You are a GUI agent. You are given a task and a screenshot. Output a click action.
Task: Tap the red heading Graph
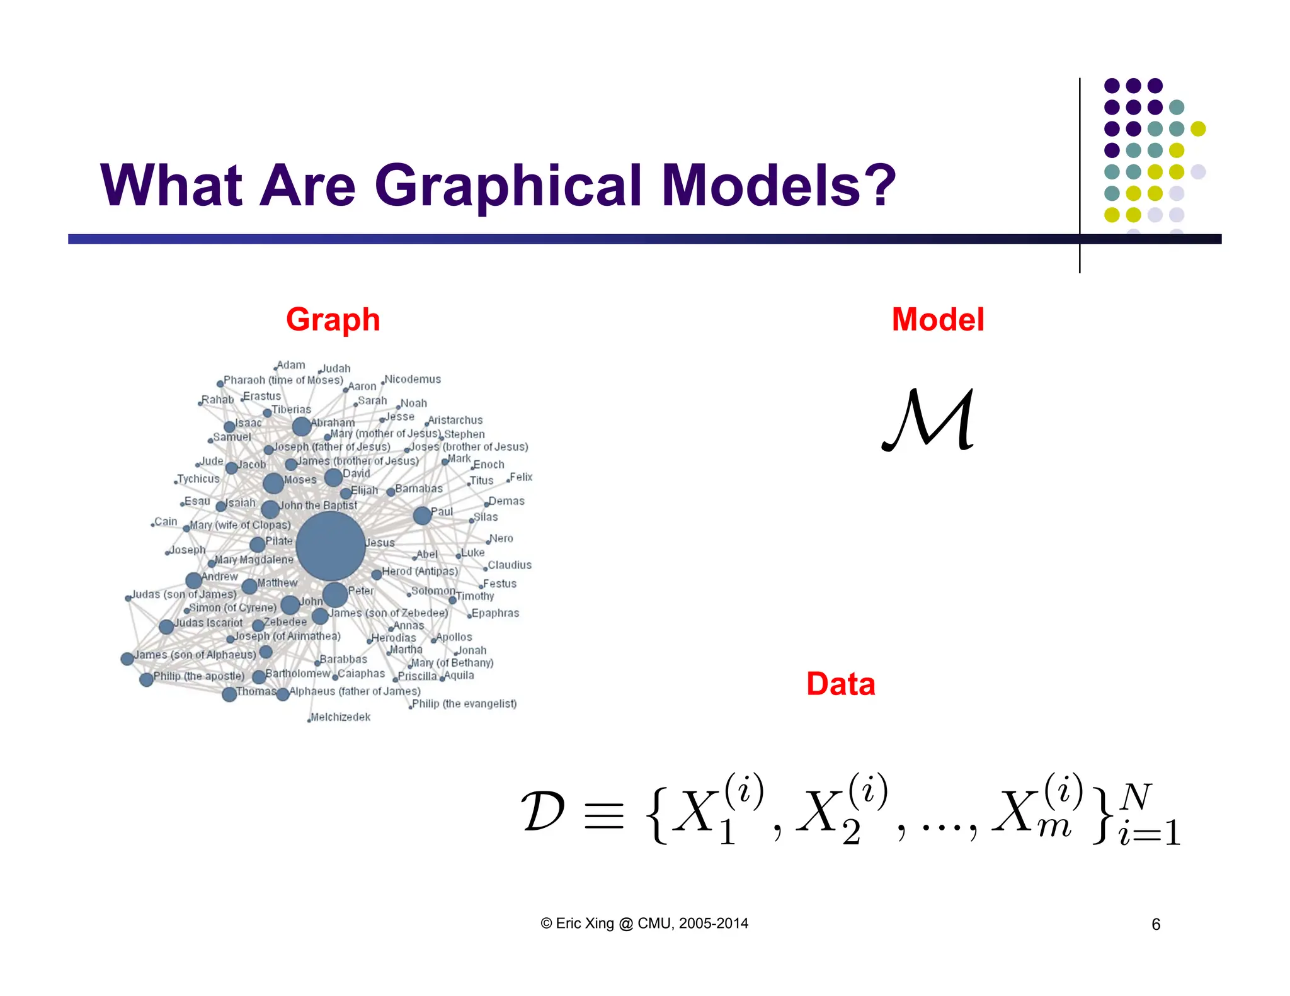[333, 319]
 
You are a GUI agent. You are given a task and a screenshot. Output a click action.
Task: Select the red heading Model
[937, 319]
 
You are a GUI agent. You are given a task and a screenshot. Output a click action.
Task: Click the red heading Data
[840, 684]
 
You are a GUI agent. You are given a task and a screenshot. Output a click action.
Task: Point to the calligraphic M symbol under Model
[928, 420]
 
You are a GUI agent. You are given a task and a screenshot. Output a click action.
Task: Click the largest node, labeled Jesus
[331, 546]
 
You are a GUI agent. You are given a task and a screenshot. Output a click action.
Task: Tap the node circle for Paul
[422, 515]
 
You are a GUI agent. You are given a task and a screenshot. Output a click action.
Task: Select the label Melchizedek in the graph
[340, 717]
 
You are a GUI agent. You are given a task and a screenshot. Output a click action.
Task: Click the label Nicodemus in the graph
[413, 379]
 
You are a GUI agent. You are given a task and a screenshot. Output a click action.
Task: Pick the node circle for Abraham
[302, 426]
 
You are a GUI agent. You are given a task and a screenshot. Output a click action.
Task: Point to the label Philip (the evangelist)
[464, 704]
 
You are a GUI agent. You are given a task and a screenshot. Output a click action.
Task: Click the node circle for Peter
[335, 594]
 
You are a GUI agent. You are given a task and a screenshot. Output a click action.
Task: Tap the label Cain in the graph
[166, 521]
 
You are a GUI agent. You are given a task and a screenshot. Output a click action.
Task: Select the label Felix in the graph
[521, 477]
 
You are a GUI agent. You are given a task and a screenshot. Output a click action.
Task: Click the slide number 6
[1156, 924]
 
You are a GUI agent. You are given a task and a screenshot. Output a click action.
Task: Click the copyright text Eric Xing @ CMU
[644, 924]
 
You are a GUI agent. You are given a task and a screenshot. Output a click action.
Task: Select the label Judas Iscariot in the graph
[208, 623]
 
